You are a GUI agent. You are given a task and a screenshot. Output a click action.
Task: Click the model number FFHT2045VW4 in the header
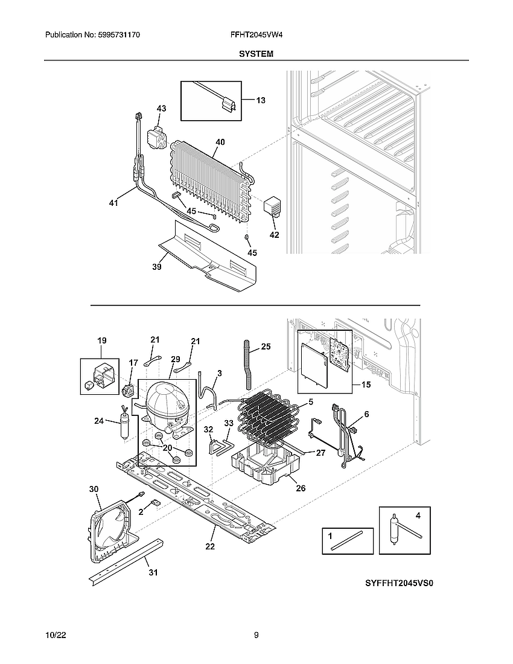tap(256, 36)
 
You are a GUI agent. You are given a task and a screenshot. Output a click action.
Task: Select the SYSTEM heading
tap(256, 54)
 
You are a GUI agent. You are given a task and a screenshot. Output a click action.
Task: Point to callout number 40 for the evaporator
tap(220, 142)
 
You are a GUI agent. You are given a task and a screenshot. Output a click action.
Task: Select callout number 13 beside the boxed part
tap(260, 100)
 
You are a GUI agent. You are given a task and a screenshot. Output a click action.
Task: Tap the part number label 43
tap(161, 109)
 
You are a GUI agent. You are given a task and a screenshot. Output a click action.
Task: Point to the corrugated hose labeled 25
tap(247, 362)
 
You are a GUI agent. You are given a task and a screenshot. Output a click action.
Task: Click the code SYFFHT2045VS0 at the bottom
tap(399, 584)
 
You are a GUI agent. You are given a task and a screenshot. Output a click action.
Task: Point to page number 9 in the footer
tap(256, 635)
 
